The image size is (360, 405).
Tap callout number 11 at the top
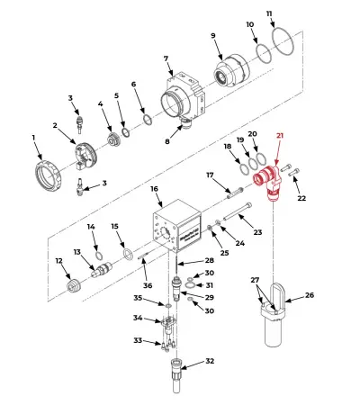coord(269,14)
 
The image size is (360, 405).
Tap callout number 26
coord(310,295)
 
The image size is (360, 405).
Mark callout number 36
coord(148,286)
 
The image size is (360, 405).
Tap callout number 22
coord(301,198)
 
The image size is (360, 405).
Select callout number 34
coord(138,318)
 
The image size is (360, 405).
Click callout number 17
coord(211,175)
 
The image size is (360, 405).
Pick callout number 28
coord(209,260)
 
